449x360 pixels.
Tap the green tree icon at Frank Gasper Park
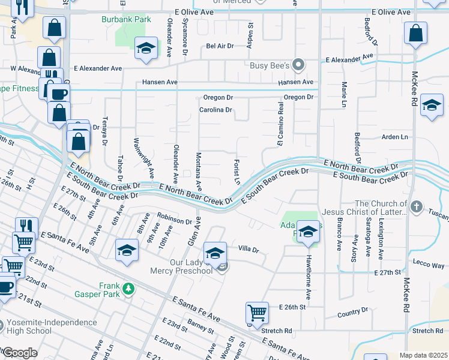pos(128,289)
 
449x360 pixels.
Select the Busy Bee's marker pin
pos(299,65)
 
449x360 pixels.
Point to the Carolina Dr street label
pos(215,110)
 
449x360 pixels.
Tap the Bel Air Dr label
pos(219,46)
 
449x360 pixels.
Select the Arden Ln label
pos(395,137)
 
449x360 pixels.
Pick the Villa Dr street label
pos(248,249)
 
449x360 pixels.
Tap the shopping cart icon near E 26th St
pos(257,312)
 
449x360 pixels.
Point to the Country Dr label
pos(352,312)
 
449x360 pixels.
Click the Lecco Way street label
pos(429,265)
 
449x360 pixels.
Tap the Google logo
pos(20,353)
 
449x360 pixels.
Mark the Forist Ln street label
pos(237,171)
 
